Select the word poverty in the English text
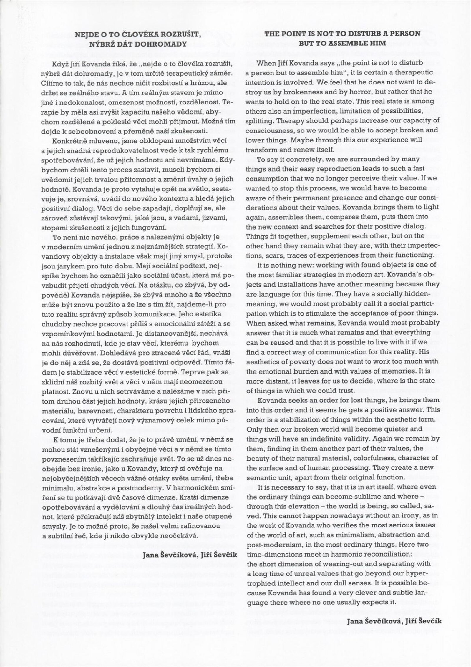293,361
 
